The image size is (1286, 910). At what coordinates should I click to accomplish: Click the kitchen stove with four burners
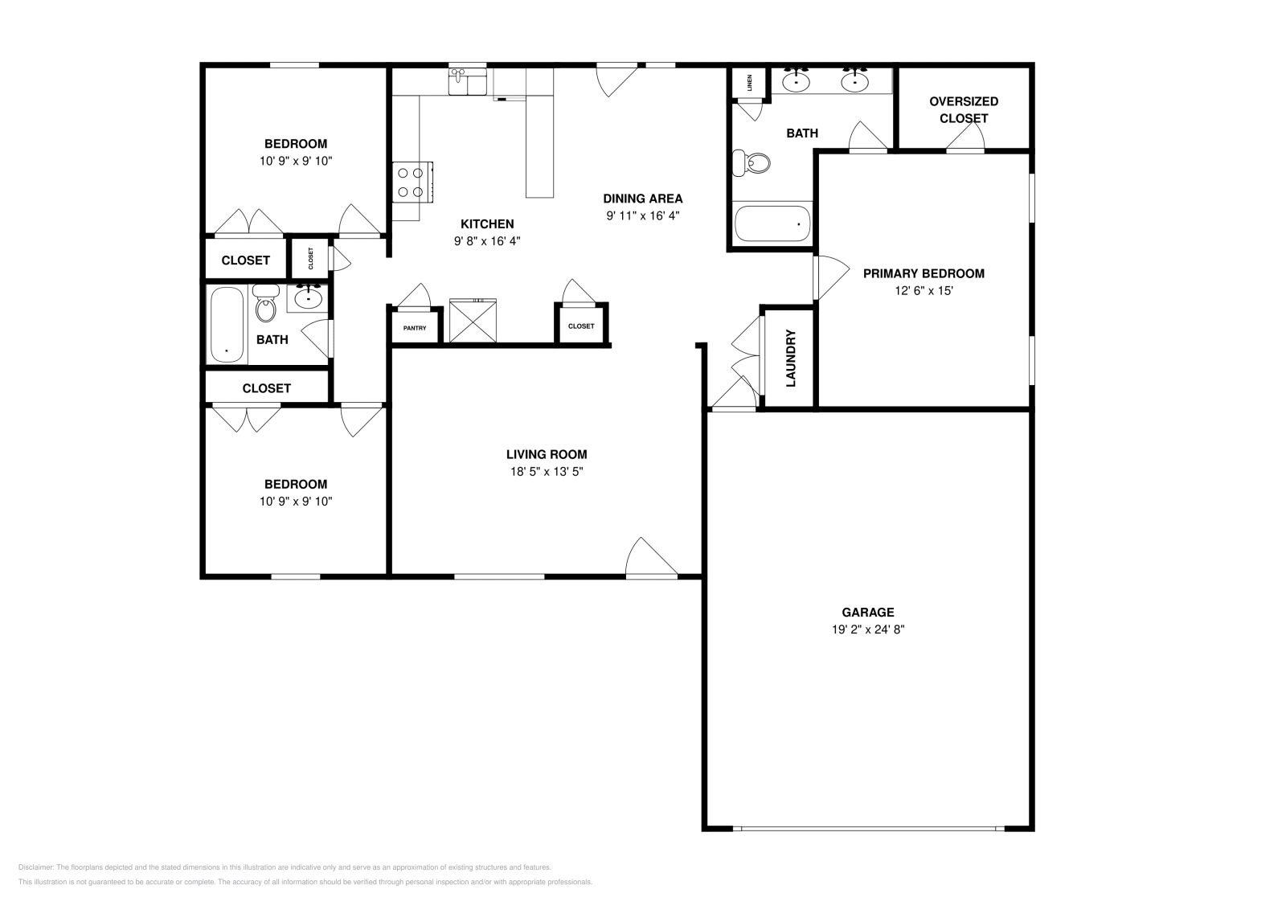[412, 182]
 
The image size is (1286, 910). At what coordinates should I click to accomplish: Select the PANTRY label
[415, 328]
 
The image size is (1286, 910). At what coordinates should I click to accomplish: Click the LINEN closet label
[750, 83]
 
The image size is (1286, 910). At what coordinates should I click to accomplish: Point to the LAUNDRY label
[790, 359]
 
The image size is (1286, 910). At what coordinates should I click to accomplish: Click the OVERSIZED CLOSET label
[963, 109]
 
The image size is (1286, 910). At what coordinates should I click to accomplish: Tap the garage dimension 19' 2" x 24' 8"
[868, 629]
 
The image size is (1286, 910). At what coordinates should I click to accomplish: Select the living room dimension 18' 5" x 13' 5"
[547, 472]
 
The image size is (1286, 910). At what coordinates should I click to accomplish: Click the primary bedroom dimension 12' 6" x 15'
[924, 290]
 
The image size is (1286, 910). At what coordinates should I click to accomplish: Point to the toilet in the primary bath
[752, 163]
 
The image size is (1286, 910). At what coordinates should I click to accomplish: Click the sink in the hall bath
[309, 297]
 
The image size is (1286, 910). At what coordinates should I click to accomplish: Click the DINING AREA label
[643, 199]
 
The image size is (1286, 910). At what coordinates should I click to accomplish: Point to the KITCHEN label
[487, 223]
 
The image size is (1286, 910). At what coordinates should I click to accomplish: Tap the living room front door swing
[649, 558]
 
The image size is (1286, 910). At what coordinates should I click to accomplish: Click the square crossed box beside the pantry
[473, 321]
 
